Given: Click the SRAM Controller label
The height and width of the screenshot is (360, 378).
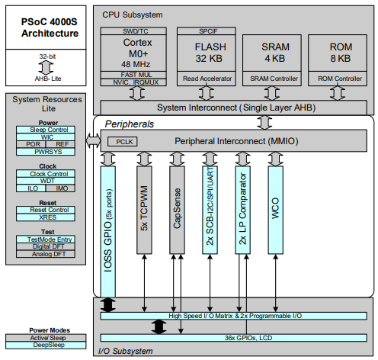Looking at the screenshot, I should click(272, 79).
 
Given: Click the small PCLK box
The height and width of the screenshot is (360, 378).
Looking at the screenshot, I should click(123, 141).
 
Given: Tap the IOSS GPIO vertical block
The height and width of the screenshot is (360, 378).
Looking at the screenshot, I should click(107, 229).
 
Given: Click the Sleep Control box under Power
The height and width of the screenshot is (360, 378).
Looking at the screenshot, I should click(47, 130).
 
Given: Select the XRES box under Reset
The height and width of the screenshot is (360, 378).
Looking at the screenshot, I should click(47, 217).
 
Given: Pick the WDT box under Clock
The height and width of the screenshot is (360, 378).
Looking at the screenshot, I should click(47, 181).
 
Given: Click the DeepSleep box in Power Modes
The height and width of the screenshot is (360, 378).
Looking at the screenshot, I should click(47, 345).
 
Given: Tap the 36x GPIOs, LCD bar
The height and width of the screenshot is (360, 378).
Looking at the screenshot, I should click(236, 337).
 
